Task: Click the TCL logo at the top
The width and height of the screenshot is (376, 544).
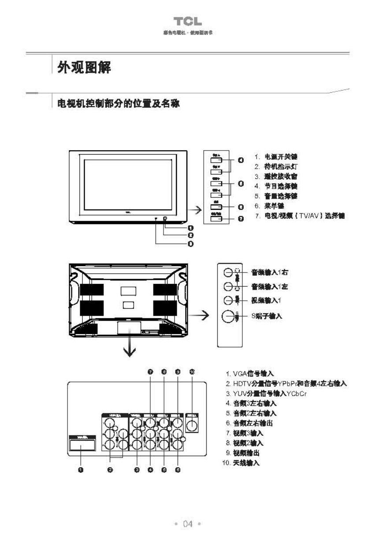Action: (188, 21)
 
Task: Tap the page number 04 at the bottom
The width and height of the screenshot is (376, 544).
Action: (188, 524)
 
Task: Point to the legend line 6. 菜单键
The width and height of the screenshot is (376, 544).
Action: (274, 206)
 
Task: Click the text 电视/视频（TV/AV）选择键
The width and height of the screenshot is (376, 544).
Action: (304, 216)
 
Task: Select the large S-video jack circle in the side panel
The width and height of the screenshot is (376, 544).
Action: (228, 316)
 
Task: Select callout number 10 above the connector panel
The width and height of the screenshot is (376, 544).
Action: (192, 372)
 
